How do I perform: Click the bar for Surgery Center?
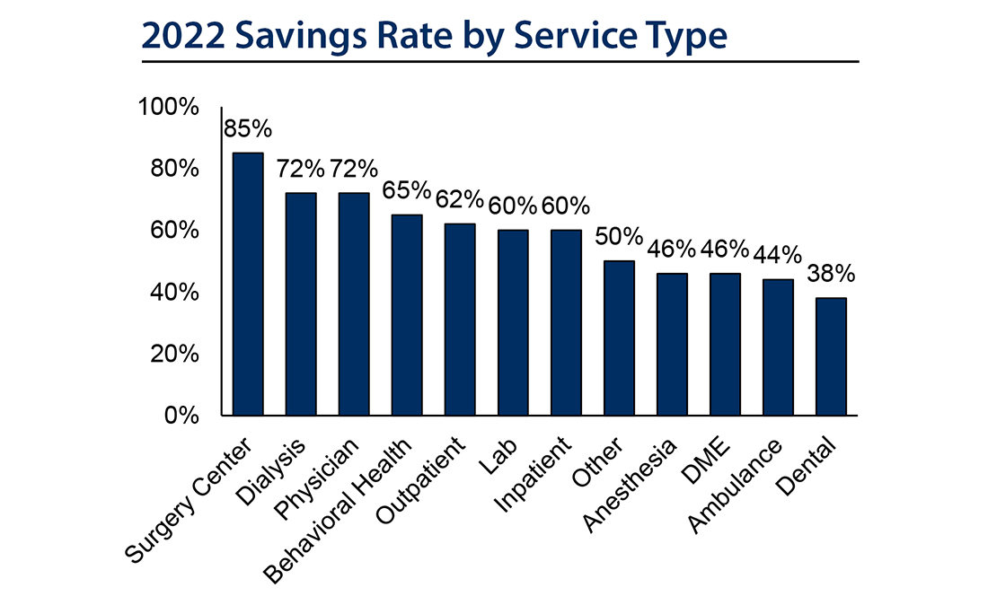(248, 284)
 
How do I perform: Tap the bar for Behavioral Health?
(407, 314)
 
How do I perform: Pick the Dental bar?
(831, 356)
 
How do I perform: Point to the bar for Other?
(619, 338)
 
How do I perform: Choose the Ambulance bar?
(778, 347)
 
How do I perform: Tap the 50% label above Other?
(619, 238)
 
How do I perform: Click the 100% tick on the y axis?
(167, 108)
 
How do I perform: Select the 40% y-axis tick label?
(173, 293)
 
